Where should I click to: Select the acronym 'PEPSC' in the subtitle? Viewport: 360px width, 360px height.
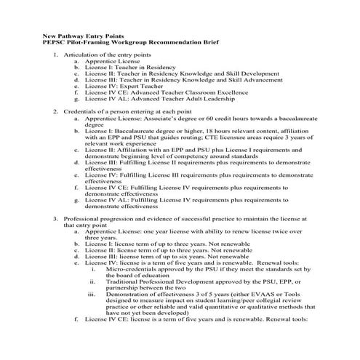tap(55, 42)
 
